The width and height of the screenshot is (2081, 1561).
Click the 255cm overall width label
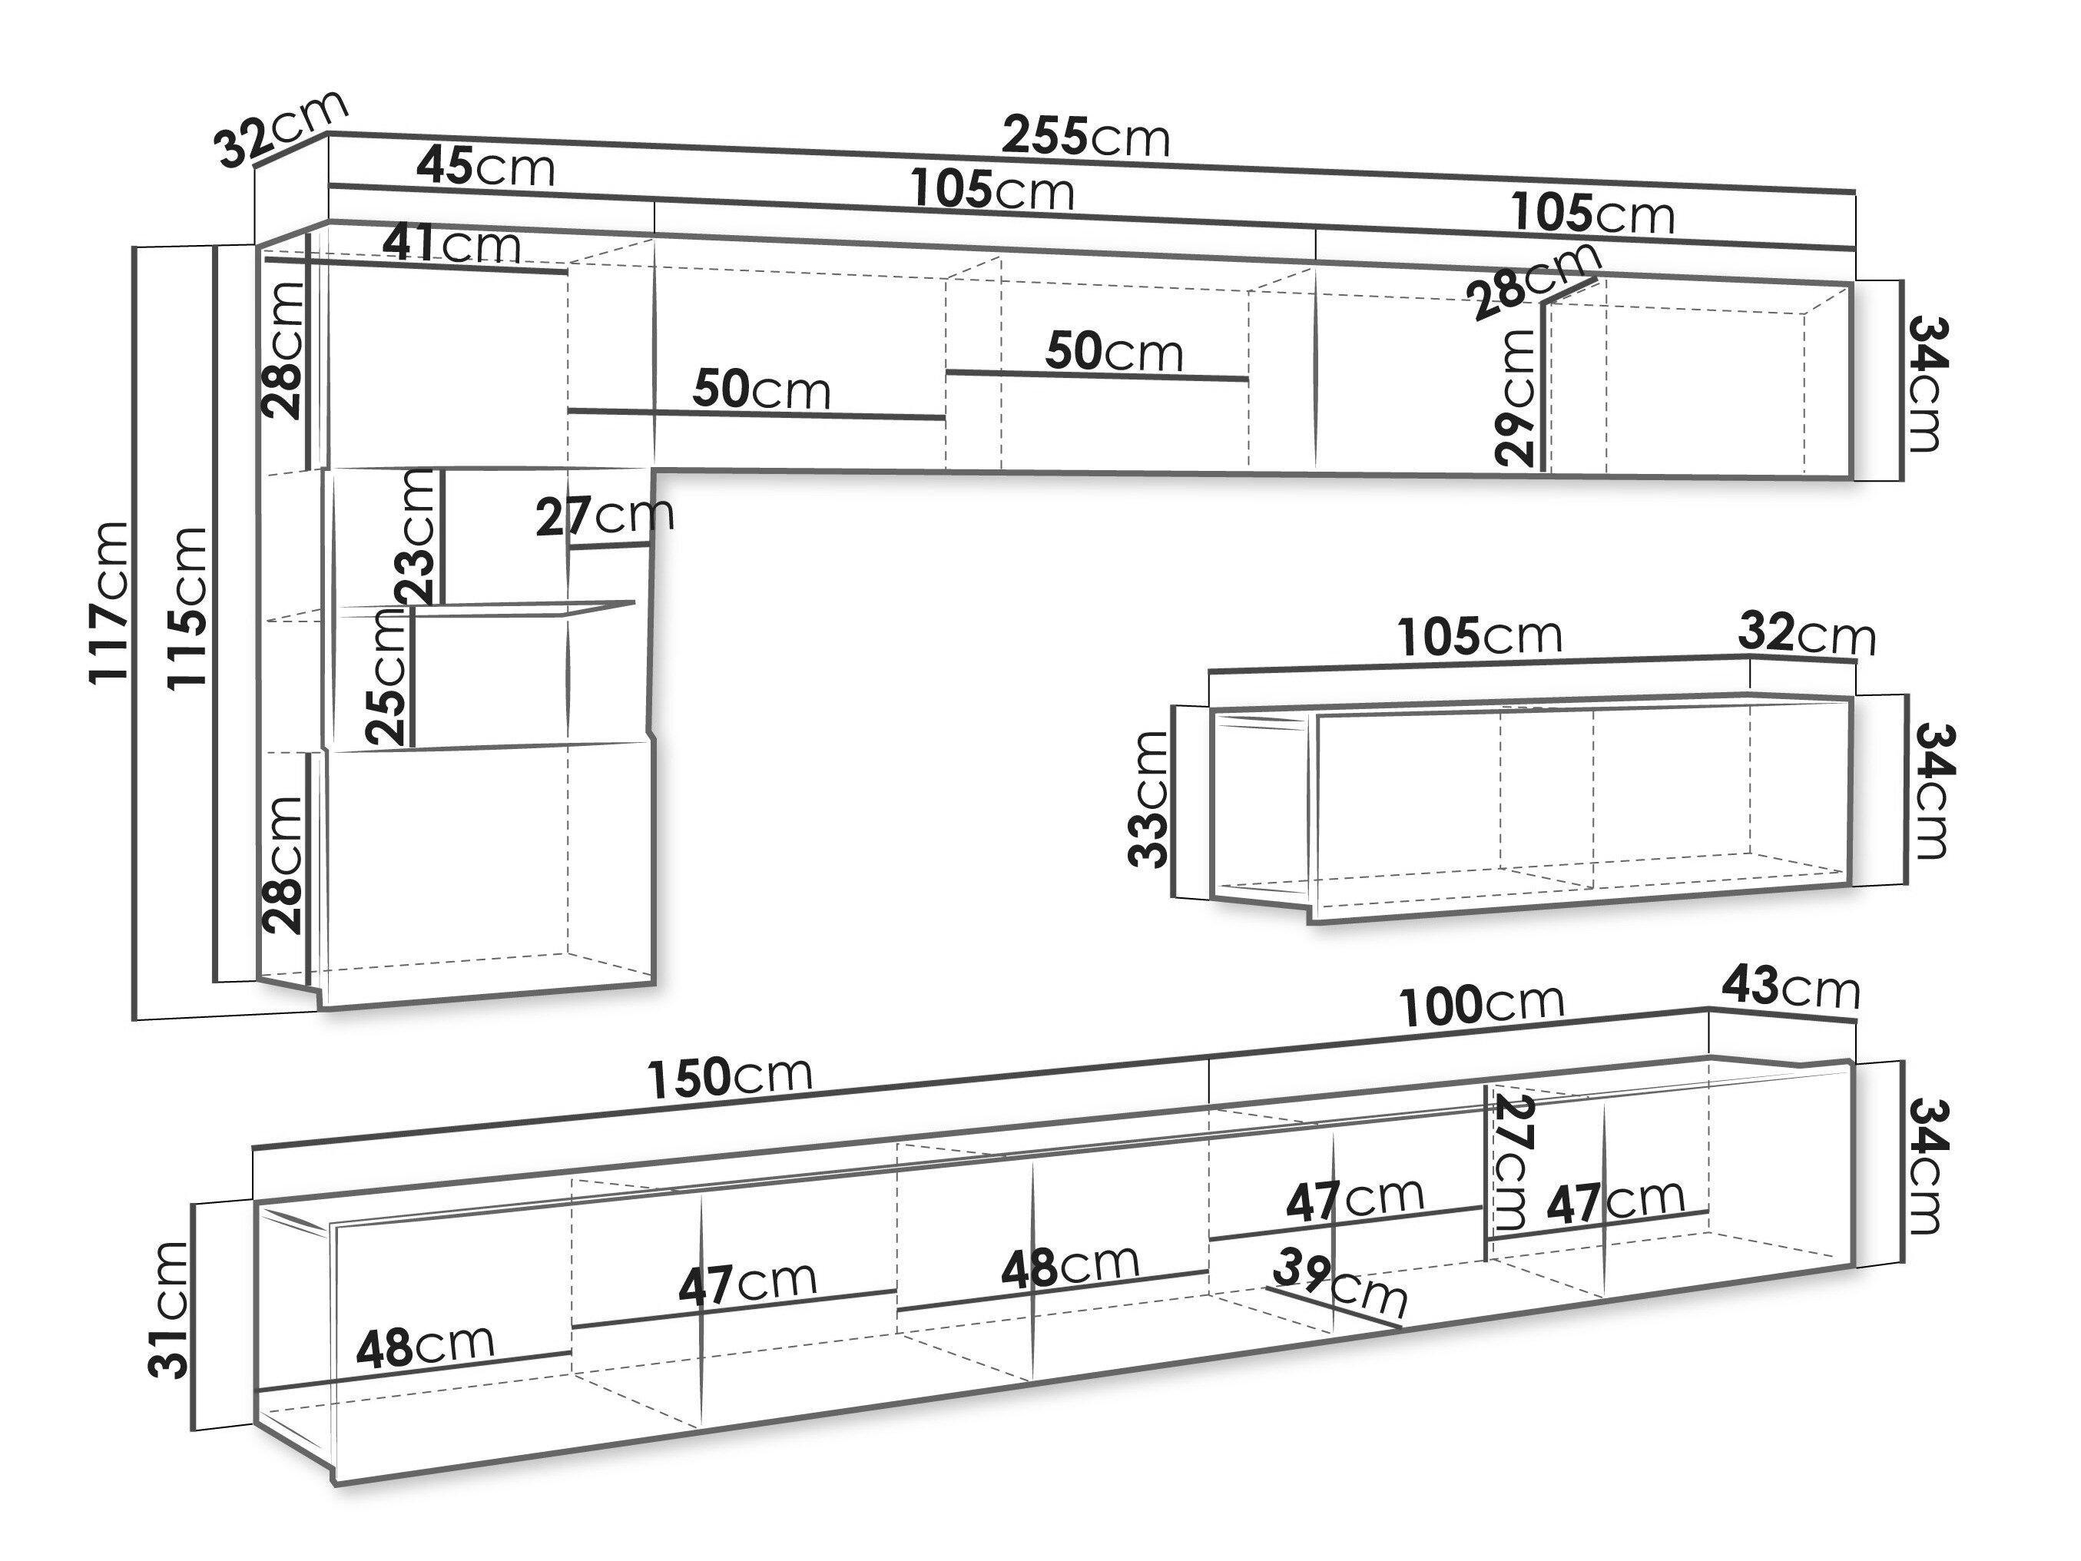(x=1085, y=138)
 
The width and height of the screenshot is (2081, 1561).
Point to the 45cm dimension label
(x=485, y=167)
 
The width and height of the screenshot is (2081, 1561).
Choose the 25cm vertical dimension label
(x=386, y=675)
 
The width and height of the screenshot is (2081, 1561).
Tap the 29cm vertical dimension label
(x=1515, y=396)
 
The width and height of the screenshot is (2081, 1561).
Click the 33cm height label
(x=1148, y=799)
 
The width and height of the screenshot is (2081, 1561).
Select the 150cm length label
(x=729, y=1075)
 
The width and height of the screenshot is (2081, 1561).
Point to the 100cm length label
(x=1482, y=1004)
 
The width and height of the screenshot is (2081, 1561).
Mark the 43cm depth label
(x=1791, y=987)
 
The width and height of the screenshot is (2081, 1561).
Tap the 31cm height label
(x=169, y=1311)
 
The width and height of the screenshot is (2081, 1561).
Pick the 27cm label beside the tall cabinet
(x=605, y=515)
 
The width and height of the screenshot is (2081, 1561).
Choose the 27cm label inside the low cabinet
(x=1511, y=1163)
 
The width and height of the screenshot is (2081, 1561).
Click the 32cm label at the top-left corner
(x=280, y=129)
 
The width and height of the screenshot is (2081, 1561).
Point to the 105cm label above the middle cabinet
(x=1480, y=637)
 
